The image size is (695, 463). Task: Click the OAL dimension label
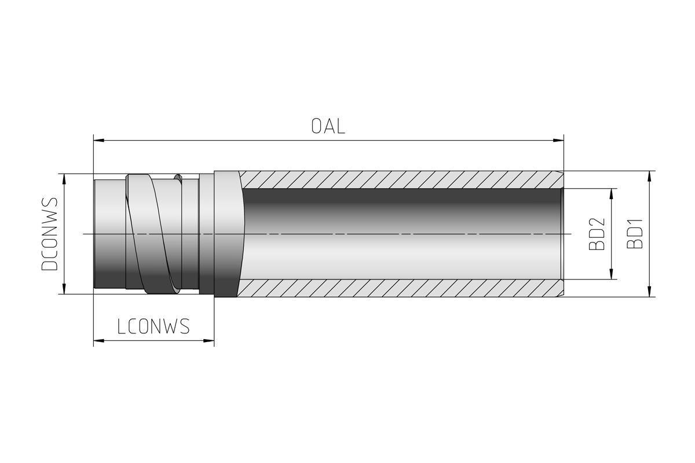[x=328, y=126]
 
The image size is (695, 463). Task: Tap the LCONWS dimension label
[x=153, y=326]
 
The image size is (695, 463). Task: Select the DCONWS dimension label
[x=50, y=234]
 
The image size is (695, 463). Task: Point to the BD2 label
[x=597, y=234]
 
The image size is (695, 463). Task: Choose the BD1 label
[x=635, y=234]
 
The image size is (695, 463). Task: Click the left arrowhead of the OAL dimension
[x=99, y=141]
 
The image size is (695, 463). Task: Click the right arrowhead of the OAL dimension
[x=558, y=141]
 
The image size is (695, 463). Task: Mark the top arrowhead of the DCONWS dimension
[x=64, y=179]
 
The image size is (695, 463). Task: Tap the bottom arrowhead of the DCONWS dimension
[x=64, y=288]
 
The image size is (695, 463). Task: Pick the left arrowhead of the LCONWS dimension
[x=99, y=341]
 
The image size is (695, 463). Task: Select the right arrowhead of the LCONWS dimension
[x=209, y=341]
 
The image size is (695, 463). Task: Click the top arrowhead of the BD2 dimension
[x=612, y=194]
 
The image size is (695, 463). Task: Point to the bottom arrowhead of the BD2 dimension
[x=612, y=274]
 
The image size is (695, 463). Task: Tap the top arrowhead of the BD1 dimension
[x=649, y=177]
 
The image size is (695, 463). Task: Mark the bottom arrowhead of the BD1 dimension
[x=649, y=292]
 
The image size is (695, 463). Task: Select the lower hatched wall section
[x=400, y=288]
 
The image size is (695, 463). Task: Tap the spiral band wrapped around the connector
[x=153, y=234]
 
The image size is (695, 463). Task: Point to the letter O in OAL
[x=316, y=127]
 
